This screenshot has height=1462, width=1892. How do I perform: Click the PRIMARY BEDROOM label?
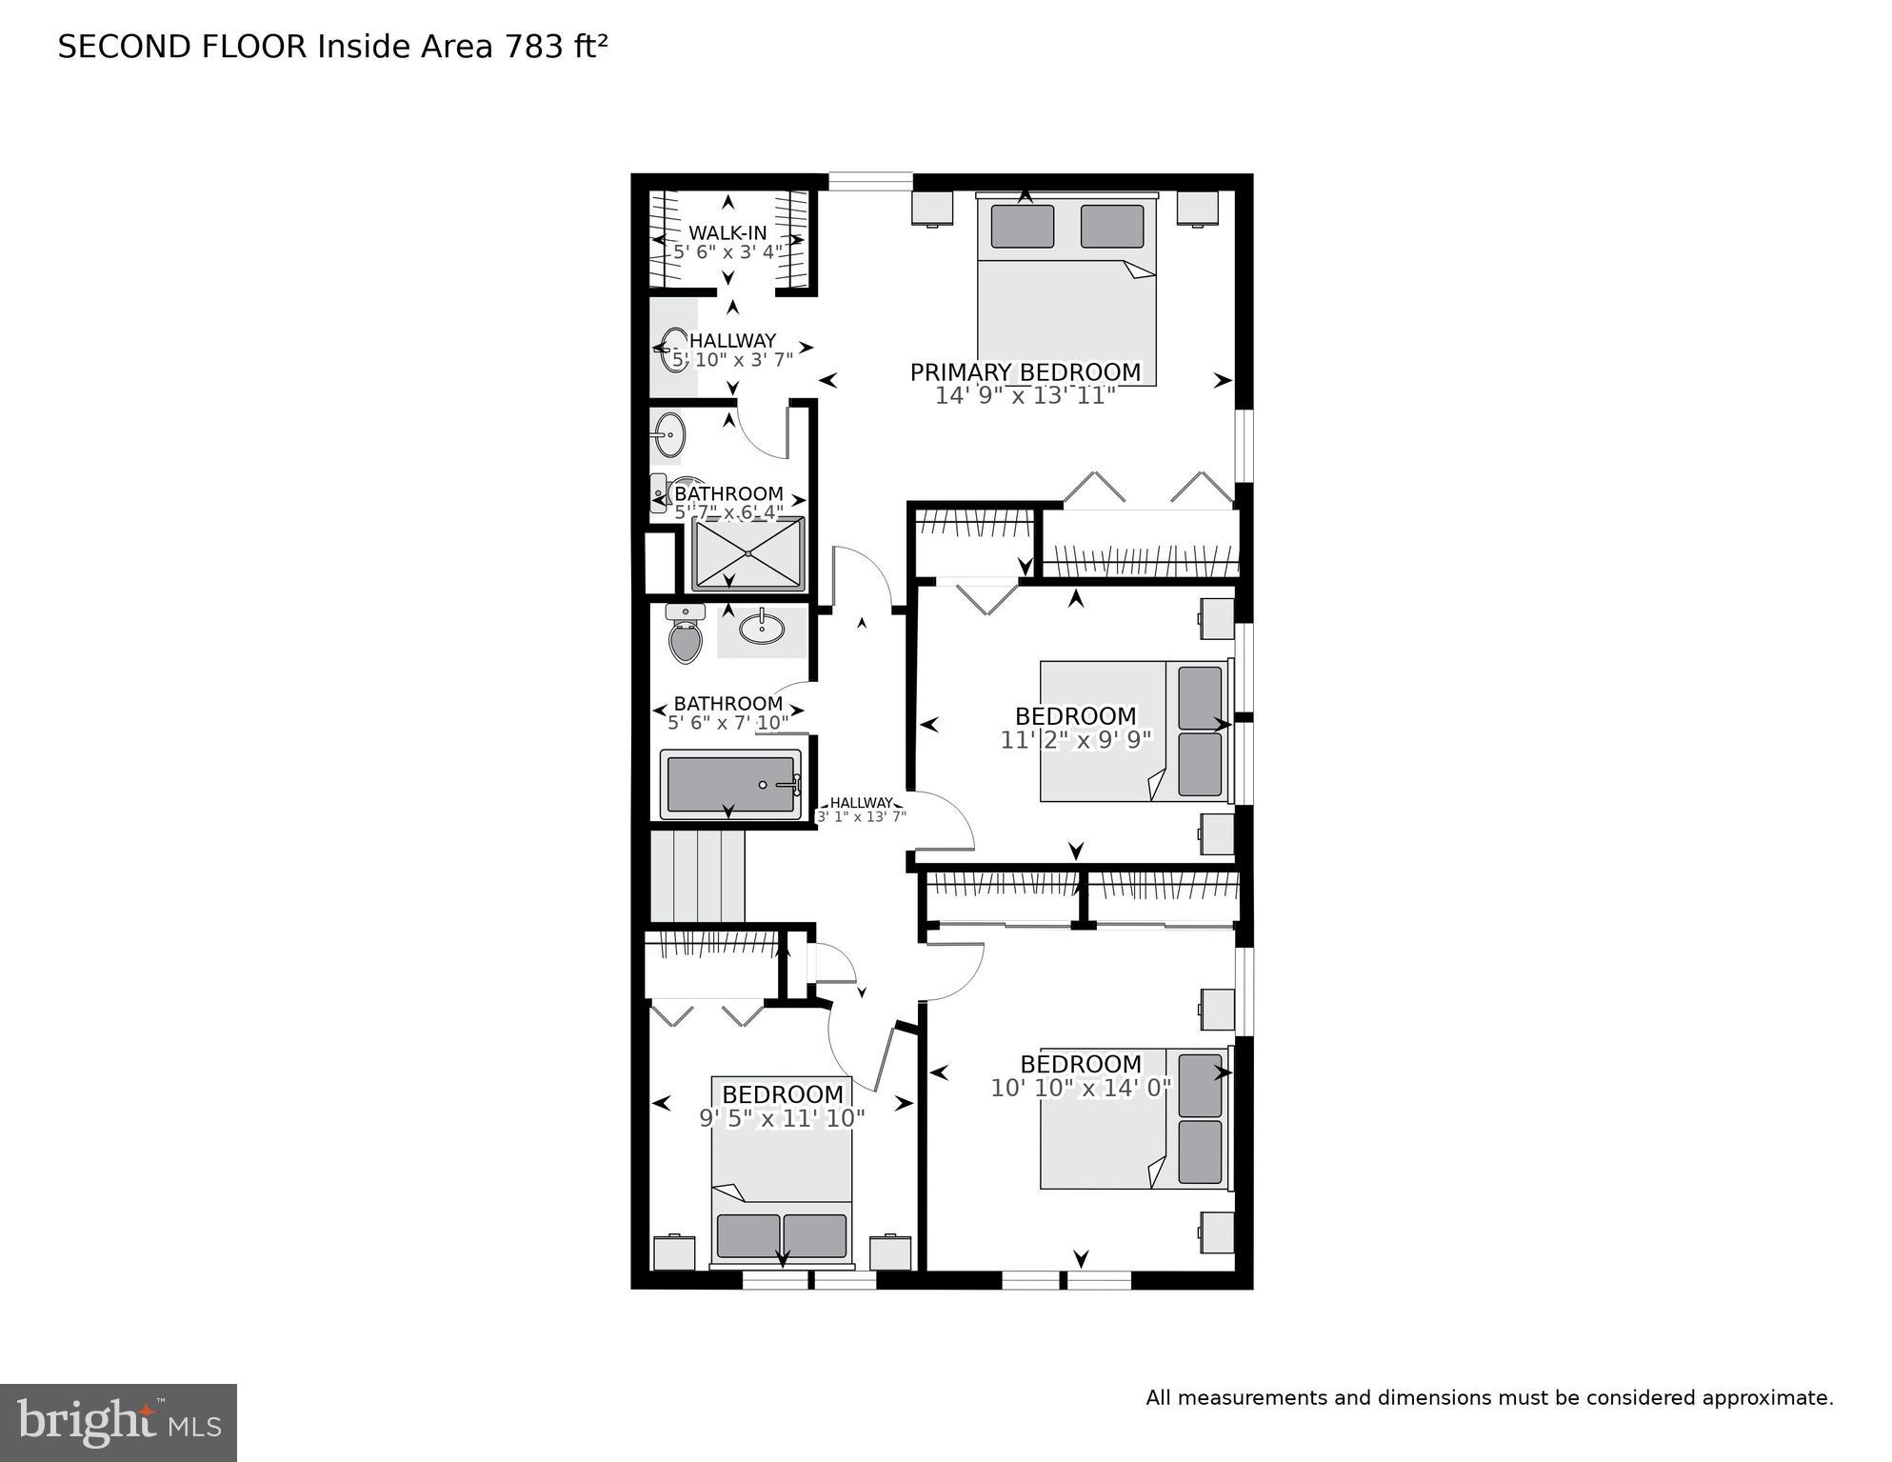pos(1025,372)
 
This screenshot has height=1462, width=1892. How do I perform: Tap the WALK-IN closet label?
pos(727,233)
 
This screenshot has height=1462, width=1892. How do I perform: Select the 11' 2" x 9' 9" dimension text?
pos(1076,740)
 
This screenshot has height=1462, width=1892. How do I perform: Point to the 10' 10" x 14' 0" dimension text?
pos(1081,1088)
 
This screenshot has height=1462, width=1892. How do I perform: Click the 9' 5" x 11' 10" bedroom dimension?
pos(782,1118)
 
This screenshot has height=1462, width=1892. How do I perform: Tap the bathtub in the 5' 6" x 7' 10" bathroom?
pos(731,785)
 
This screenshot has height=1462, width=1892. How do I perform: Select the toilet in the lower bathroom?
pos(685,636)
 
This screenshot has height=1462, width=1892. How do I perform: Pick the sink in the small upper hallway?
pos(674,350)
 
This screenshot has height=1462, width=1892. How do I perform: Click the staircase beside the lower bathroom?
pos(697,875)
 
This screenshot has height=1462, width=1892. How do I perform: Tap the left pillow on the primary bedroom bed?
pos(1022,227)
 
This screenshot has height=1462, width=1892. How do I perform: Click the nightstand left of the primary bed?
pos(932,209)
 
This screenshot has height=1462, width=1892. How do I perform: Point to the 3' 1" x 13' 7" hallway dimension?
pos(861,816)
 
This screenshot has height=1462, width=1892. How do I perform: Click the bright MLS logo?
pos(118,1422)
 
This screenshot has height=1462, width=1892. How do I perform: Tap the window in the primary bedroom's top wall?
pos(870,181)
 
